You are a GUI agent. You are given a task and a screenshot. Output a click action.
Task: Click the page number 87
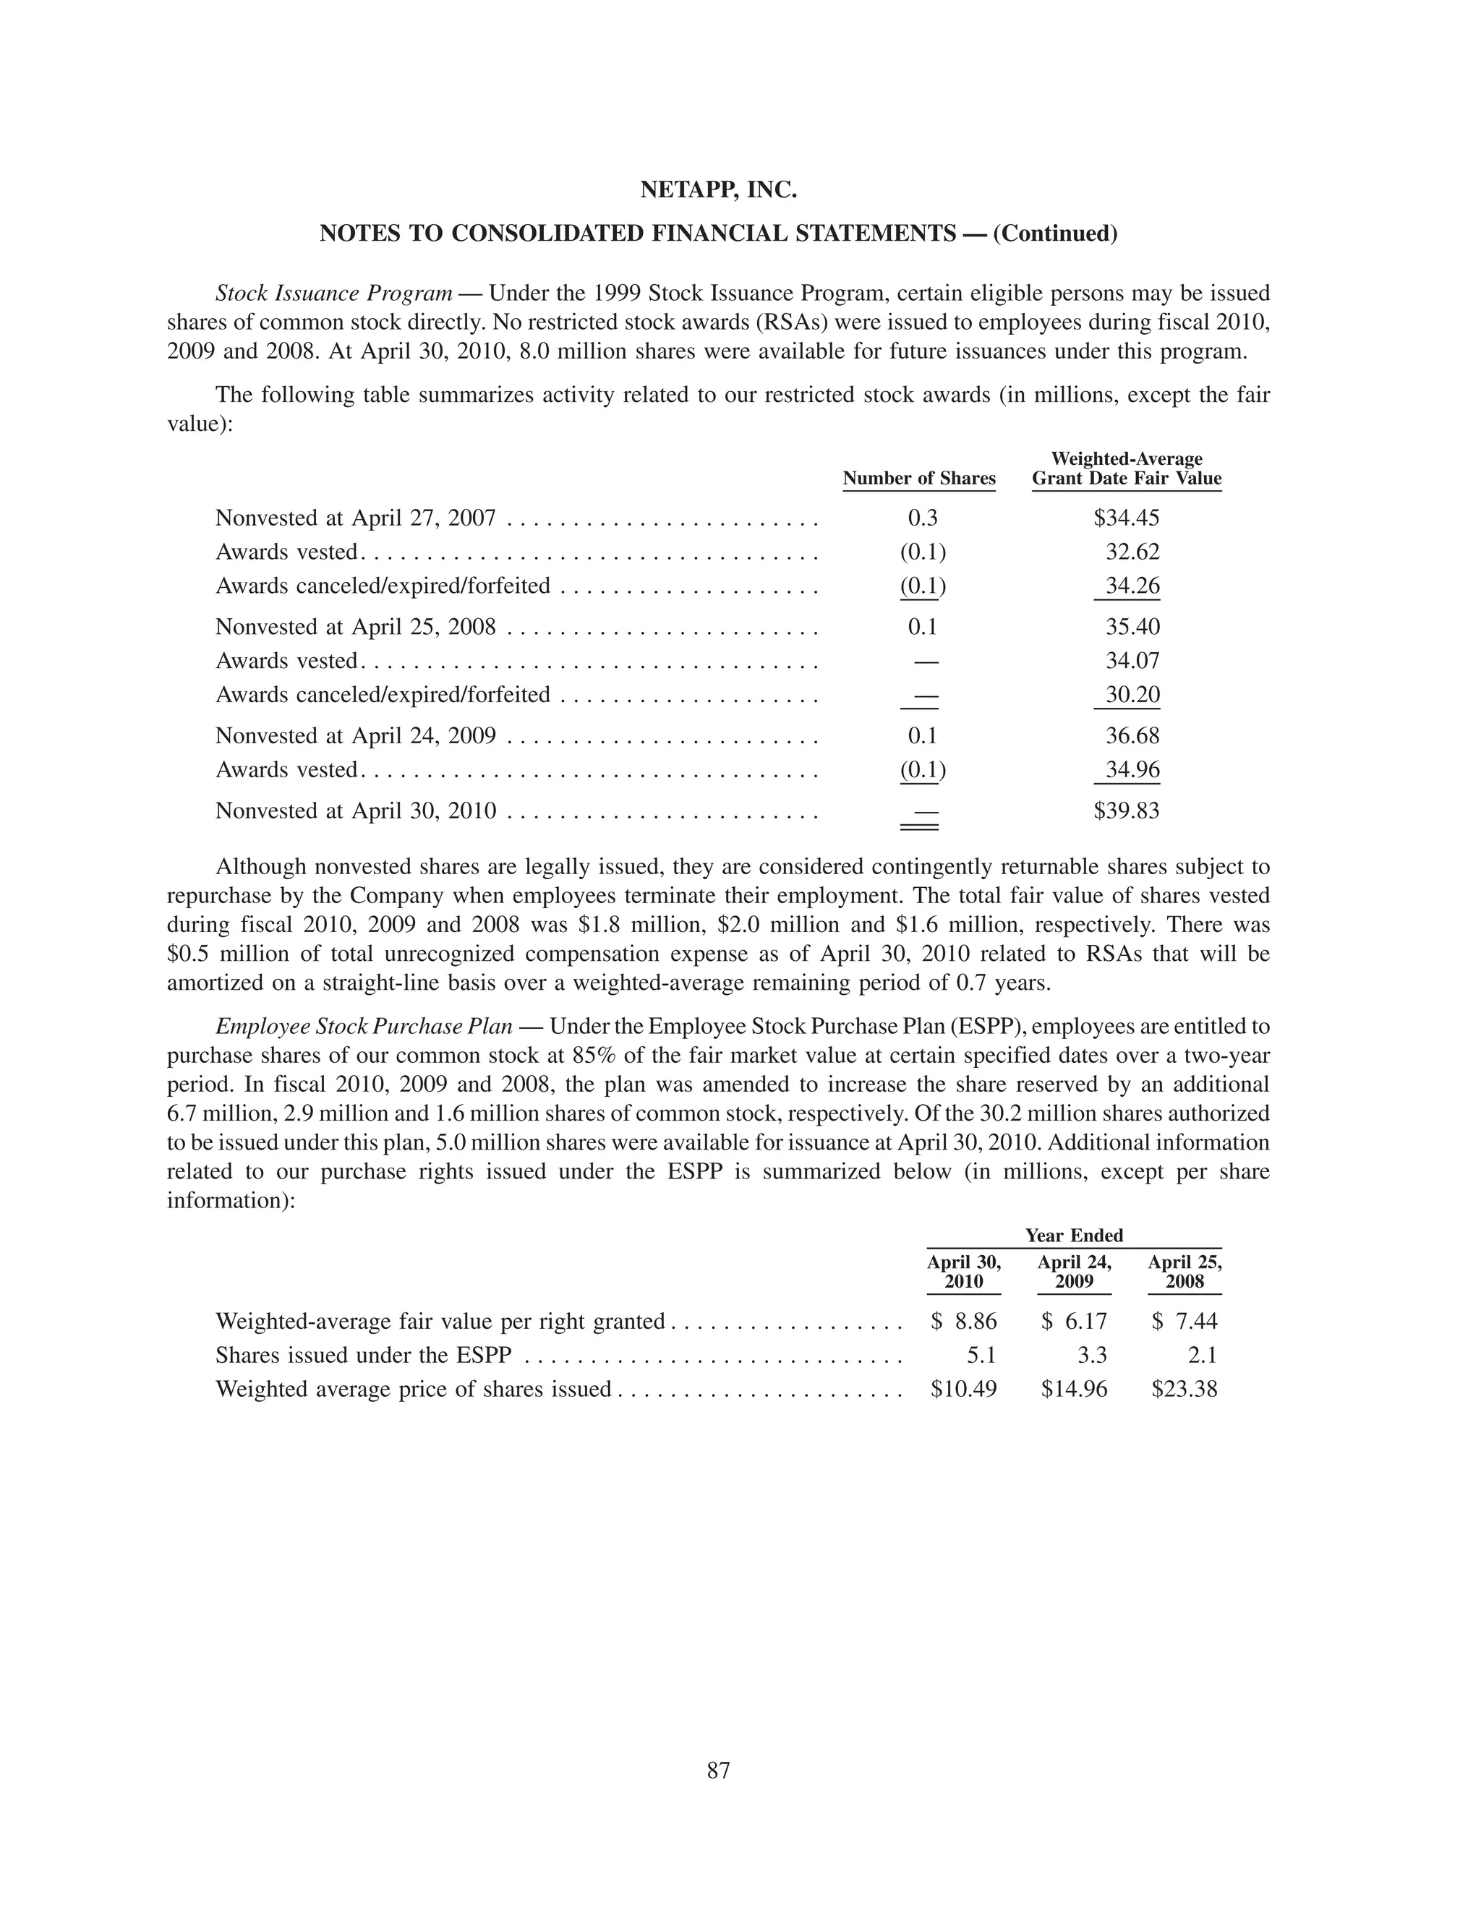[719, 1771]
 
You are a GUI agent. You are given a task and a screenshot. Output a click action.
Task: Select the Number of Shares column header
[918, 478]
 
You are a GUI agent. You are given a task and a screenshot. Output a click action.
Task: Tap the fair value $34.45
[1126, 518]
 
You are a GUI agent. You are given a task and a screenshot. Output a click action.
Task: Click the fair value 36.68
[1132, 735]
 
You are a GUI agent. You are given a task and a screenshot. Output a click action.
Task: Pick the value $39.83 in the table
[1126, 810]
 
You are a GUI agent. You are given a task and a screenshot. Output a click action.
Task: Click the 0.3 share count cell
[922, 518]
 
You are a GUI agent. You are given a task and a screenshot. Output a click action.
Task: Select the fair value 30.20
[1132, 695]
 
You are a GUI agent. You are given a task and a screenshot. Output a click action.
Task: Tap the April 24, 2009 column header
[1074, 1272]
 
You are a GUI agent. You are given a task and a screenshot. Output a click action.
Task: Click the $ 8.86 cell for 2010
[963, 1321]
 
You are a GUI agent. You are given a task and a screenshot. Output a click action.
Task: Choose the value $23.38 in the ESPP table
[1185, 1389]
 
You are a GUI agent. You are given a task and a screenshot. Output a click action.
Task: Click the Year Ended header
[1074, 1235]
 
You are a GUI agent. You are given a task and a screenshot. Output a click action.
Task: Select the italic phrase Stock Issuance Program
[333, 293]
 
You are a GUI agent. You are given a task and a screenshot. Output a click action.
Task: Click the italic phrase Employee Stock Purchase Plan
[363, 1027]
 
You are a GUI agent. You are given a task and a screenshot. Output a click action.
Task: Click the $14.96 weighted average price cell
[1074, 1389]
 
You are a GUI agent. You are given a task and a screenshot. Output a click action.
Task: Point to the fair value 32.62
[1132, 552]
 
